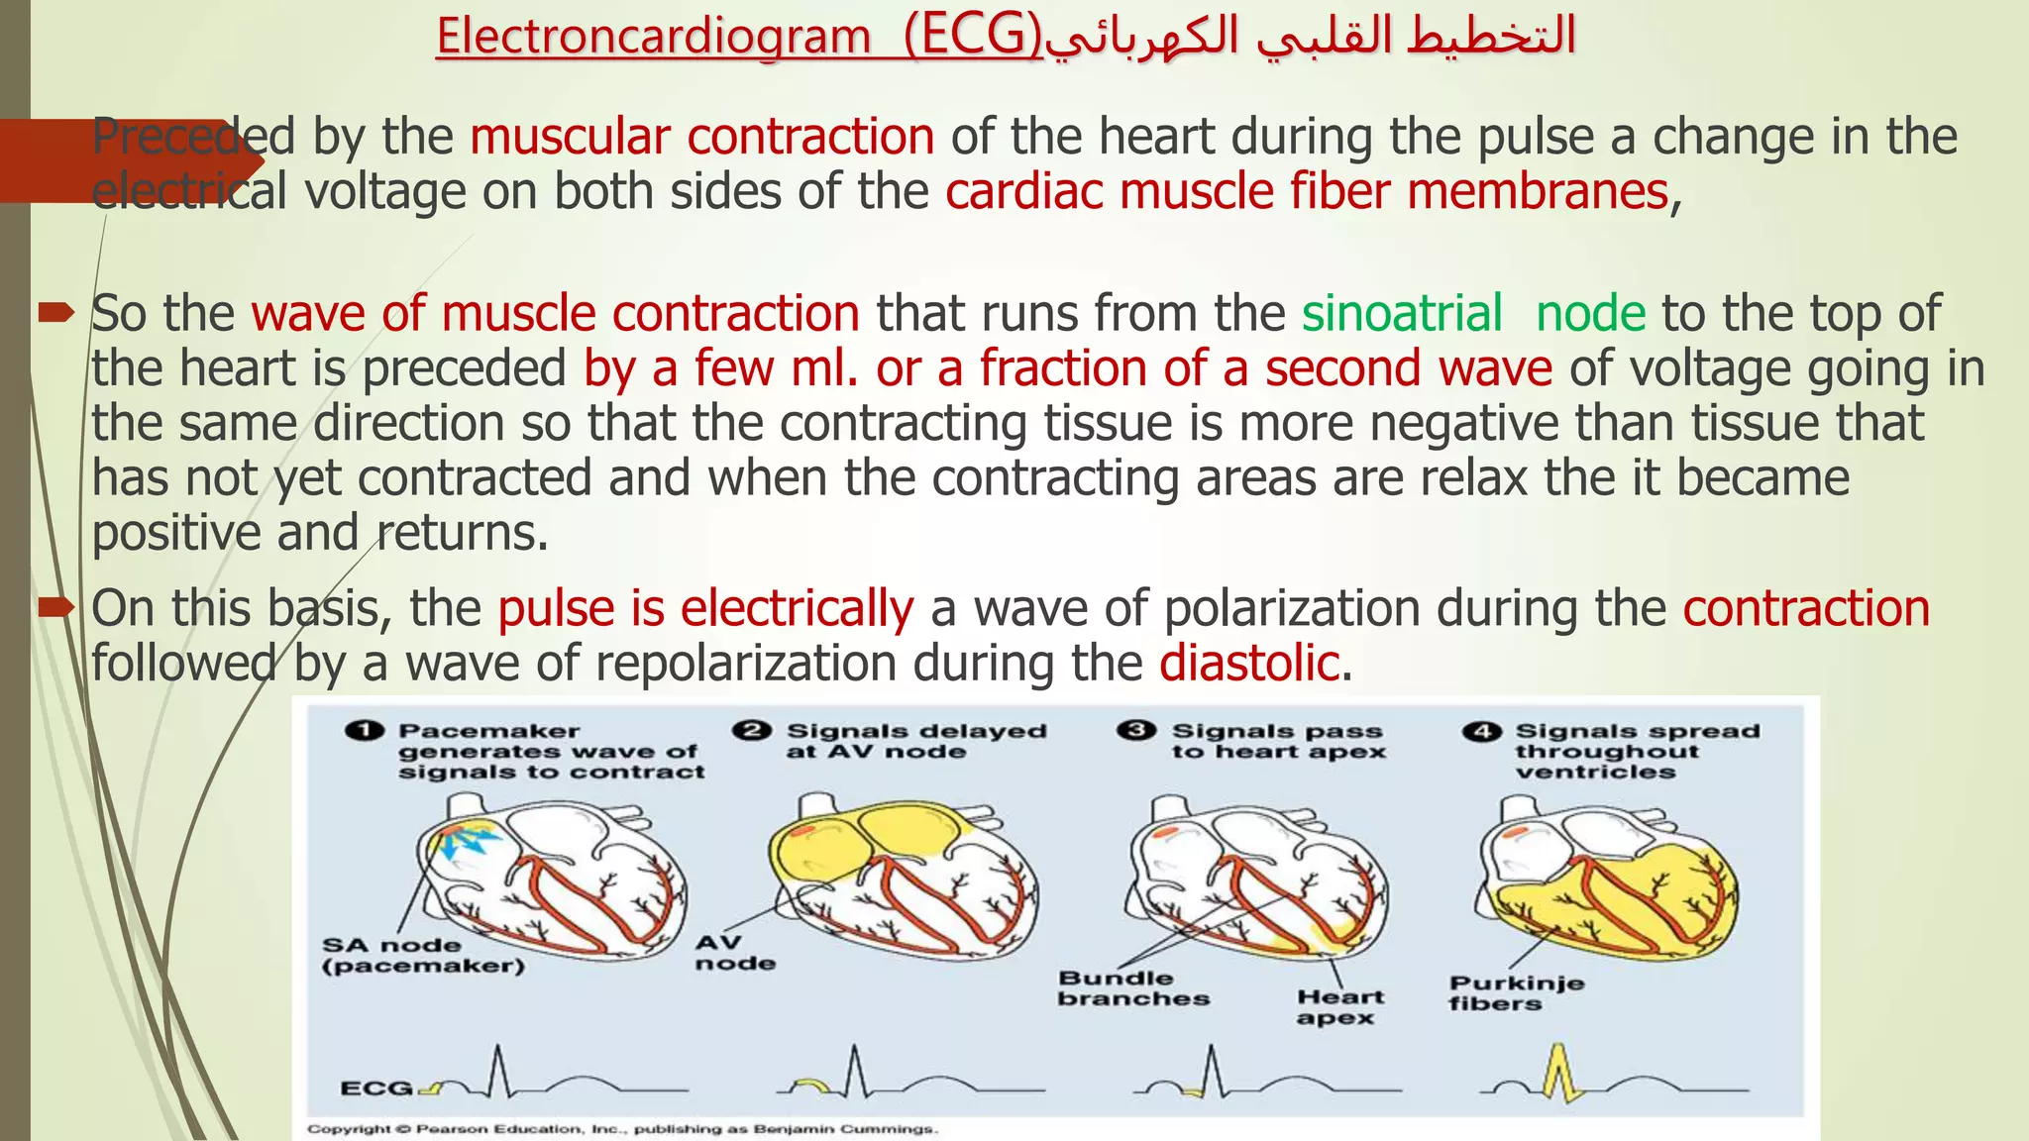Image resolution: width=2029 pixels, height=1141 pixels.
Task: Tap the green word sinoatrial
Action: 1402,314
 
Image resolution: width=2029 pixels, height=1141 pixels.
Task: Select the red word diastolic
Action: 1249,663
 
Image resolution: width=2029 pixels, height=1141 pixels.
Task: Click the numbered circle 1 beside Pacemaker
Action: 364,731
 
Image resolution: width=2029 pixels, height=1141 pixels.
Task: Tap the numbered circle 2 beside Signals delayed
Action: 751,731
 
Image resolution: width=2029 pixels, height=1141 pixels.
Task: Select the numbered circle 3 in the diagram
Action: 1135,731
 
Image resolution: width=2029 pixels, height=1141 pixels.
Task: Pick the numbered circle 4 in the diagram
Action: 1481,732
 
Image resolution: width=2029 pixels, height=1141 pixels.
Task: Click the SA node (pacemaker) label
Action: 422,956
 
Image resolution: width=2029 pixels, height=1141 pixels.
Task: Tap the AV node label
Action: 733,953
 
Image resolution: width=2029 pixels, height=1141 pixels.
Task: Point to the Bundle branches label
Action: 1132,988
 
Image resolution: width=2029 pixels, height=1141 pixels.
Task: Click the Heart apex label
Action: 1339,1007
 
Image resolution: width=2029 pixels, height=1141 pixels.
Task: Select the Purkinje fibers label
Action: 1515,993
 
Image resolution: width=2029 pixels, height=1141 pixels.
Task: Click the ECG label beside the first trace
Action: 375,1089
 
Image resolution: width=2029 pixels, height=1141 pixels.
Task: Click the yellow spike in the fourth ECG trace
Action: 1558,1072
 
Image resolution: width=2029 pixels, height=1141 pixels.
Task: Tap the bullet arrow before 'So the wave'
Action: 55,315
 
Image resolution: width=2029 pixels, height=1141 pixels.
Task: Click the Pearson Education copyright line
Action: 621,1129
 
